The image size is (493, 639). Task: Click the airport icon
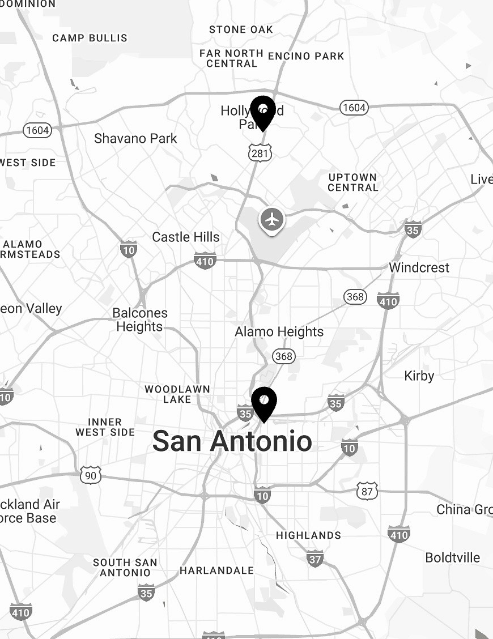273,219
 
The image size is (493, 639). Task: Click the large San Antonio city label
232,441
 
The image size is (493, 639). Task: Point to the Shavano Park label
135,138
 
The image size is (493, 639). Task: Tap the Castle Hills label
186,237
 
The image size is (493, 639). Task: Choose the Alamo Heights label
279,331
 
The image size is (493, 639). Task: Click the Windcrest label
419,267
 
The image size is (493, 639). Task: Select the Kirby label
419,376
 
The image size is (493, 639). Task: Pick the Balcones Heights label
140,320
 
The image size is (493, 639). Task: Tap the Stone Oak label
241,29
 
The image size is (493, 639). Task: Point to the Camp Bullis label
90,38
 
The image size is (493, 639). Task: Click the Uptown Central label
352,182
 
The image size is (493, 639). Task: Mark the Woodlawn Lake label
177,394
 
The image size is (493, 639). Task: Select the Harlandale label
216,570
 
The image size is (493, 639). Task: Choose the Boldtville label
452,557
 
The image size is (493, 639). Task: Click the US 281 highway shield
260,152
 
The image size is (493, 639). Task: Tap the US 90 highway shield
91,475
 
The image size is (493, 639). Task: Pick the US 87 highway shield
367,491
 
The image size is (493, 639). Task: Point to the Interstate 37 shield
316,559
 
